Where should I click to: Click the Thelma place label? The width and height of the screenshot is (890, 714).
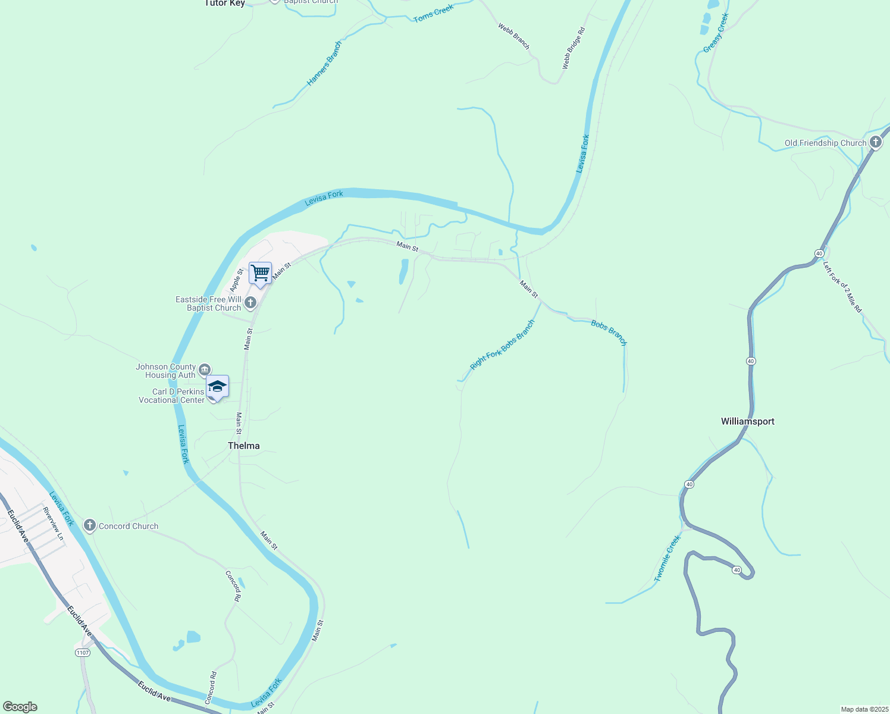tap(243, 446)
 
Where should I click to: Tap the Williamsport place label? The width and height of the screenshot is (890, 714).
tap(747, 421)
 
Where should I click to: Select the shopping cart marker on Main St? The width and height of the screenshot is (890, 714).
tap(260, 273)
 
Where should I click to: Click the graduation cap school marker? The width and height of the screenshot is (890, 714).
tap(217, 387)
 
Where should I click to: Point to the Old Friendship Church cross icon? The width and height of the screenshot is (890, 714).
tap(875, 142)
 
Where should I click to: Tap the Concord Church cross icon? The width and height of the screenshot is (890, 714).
tap(90, 525)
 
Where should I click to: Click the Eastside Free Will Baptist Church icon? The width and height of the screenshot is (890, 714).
tap(250, 303)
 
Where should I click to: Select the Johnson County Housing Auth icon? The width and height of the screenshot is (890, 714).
tap(205, 370)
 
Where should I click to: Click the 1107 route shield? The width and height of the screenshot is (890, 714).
tap(83, 653)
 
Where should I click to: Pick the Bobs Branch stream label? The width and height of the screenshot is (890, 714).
tap(609, 333)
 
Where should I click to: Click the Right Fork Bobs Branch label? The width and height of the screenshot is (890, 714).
tap(502, 345)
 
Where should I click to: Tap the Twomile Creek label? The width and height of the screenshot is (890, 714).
tap(667, 558)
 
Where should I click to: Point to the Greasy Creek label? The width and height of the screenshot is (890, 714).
tap(716, 33)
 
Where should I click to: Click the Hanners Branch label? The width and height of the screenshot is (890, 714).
tap(324, 63)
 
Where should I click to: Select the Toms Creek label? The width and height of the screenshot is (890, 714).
tap(434, 13)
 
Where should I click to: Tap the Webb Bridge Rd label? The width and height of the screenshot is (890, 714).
tap(574, 48)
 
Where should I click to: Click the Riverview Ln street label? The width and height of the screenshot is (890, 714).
tap(53, 524)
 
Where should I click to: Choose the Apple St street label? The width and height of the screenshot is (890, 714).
tap(236, 280)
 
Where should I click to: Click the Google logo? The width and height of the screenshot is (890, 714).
tap(20, 707)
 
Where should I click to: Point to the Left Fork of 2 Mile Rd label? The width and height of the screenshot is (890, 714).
tap(842, 287)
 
